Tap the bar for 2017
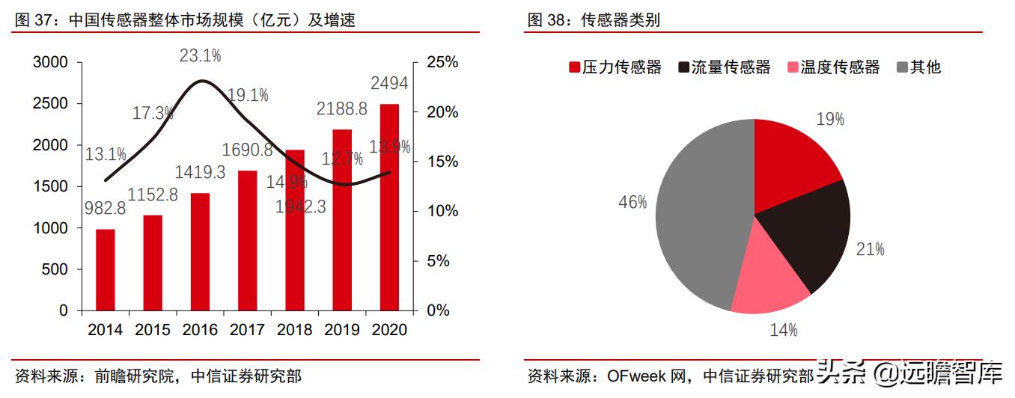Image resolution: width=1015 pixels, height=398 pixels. [x=247, y=240]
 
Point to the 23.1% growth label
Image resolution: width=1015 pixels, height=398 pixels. [x=200, y=55]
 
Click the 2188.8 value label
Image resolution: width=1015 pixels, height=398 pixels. [x=341, y=108]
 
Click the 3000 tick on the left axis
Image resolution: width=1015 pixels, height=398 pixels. [x=52, y=62]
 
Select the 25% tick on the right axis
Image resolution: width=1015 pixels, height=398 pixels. [x=442, y=62]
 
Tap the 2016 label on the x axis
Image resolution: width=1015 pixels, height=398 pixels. [x=200, y=330]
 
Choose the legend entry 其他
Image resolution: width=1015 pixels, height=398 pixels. [x=918, y=67]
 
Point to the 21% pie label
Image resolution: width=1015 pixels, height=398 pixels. [x=871, y=249]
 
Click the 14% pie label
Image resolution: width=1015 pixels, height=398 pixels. [x=784, y=329]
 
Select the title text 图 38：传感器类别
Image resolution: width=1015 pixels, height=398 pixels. [x=594, y=20]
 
